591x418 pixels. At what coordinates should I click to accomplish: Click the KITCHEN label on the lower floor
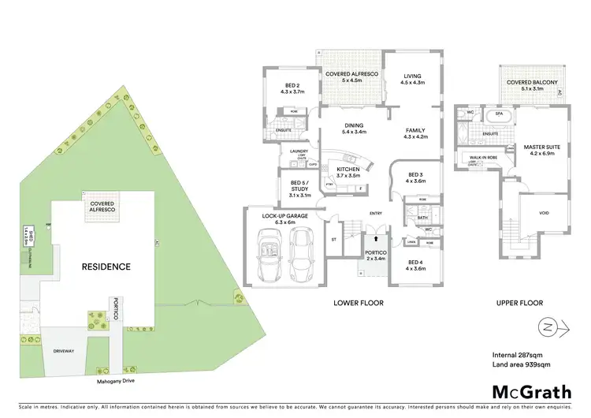[348, 171]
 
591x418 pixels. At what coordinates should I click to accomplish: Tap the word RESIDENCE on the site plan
[106, 267]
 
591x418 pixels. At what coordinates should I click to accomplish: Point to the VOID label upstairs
[544, 212]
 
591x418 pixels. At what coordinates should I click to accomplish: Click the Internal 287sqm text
[516, 353]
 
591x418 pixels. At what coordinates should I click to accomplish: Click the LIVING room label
[412, 77]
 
